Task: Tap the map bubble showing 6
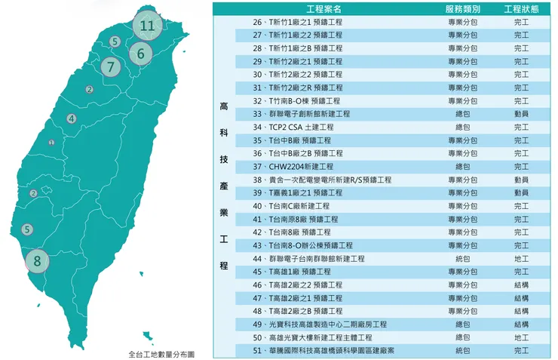[140, 54]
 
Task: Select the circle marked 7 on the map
[111, 66]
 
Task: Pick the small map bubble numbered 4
[71, 118]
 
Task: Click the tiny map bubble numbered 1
[51, 143]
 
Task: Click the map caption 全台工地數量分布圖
[161, 353]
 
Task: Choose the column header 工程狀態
[521, 9]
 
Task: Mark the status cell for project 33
[521, 114]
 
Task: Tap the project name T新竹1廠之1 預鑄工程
[302, 22]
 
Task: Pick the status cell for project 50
[521, 337]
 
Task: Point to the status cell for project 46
[521, 285]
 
